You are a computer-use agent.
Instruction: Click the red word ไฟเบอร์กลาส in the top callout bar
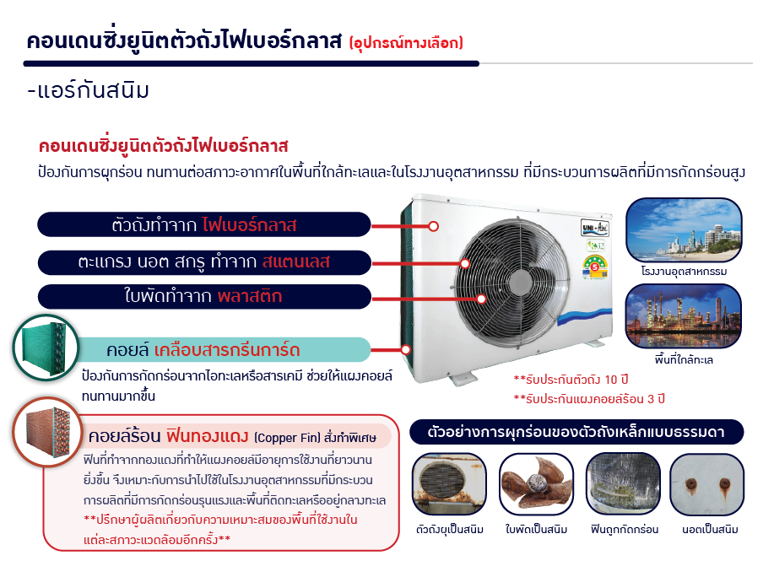pos(249,225)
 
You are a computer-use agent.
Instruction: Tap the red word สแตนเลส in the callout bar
pos(295,262)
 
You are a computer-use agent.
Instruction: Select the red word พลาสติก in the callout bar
pos(250,296)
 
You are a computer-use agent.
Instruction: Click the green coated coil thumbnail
pos(46,348)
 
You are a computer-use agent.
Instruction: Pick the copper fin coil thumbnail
pos(47,432)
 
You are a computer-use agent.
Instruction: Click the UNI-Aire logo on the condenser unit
pos(595,228)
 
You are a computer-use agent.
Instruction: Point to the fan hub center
pos(519,283)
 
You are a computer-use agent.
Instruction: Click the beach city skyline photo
pos(684,229)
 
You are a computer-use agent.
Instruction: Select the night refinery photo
pos(684,316)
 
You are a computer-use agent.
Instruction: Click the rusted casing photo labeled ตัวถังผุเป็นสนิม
pos(449,484)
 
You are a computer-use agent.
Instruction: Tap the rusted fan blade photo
pos(536,484)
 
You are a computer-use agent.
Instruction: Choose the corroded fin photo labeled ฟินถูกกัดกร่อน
pos(623,484)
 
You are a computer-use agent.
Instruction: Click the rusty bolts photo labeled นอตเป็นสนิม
pos(706,484)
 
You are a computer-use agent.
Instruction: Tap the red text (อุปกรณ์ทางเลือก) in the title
pos(406,43)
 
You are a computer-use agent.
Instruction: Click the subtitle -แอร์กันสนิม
pos(88,91)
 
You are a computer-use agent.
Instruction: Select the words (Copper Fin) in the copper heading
pos(287,438)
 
